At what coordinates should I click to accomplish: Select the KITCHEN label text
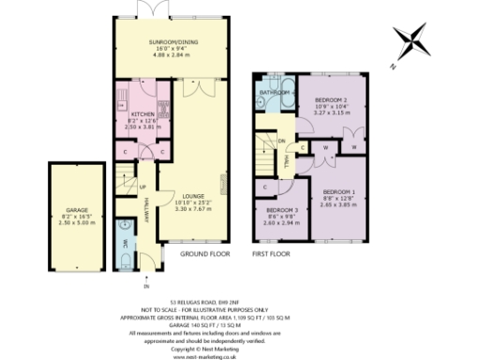(x=131, y=109)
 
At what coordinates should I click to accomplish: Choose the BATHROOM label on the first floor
(x=276, y=93)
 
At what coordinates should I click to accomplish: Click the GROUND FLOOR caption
(x=206, y=253)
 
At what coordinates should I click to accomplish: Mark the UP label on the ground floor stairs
(x=142, y=186)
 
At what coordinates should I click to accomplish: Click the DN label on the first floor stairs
(x=281, y=142)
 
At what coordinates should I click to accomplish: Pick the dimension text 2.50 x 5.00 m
(x=76, y=223)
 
